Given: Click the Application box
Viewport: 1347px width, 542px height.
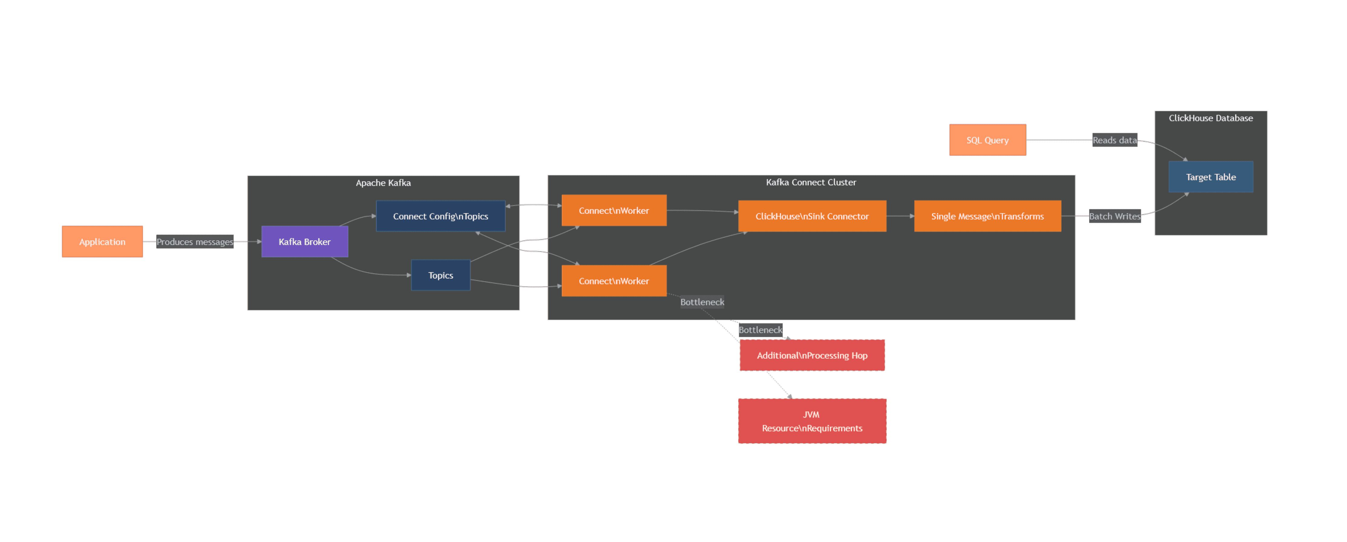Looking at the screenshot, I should pos(102,241).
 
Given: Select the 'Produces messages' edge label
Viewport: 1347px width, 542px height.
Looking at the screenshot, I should pos(195,241).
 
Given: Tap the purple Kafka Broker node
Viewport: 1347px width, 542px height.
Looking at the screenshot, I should pos(304,241).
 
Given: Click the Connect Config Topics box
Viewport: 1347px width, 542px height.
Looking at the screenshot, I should pos(440,216).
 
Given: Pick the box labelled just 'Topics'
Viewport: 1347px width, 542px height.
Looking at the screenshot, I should pos(440,275).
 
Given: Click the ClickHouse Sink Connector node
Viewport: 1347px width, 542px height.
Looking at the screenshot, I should pos(812,216).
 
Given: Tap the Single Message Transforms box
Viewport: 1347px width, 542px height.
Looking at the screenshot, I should pos(987,216).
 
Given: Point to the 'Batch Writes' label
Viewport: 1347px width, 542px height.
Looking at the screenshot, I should pos(1114,216).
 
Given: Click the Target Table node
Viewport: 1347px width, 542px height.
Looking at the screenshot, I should pos(1210,177).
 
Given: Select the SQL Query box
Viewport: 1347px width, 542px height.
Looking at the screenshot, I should pos(987,140).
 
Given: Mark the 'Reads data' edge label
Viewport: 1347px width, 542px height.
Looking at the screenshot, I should pos(1114,140).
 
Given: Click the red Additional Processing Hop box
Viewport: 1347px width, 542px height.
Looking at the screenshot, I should pos(812,355).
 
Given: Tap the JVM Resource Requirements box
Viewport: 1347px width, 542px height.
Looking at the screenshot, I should pos(812,421).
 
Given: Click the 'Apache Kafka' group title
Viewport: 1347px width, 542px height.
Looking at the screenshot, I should pos(383,183).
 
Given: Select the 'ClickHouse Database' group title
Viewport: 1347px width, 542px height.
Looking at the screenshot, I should pos(1210,118).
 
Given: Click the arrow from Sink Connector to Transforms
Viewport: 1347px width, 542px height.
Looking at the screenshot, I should pos(900,216).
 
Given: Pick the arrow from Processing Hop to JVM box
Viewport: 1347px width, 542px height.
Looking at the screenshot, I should pos(779,385).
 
